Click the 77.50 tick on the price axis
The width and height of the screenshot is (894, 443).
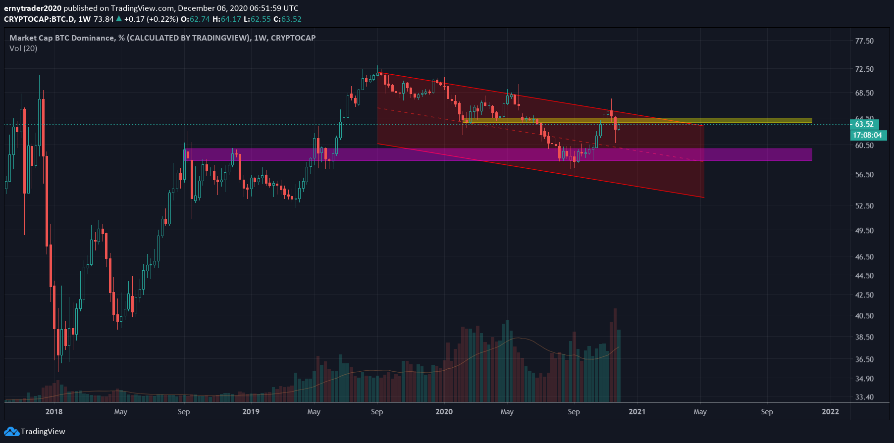pos(864,41)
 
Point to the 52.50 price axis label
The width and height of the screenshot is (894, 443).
pos(864,206)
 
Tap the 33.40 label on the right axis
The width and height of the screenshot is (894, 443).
pos(864,397)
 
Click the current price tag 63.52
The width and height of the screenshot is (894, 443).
pos(864,124)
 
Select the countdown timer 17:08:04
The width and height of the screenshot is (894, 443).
pos(867,135)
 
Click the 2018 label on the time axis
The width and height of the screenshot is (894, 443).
pos(54,412)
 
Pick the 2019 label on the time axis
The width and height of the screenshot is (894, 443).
pos(251,412)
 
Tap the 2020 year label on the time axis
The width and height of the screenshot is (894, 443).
pos(444,412)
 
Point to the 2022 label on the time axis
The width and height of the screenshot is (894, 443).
pos(830,412)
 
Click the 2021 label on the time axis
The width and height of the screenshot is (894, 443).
pos(637,412)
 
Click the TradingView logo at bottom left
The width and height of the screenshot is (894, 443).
pos(35,432)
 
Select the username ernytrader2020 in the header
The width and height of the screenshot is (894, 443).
pos(33,8)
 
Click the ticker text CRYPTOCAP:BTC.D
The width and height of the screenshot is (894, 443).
pos(39,19)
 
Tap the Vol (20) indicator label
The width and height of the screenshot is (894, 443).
pos(23,49)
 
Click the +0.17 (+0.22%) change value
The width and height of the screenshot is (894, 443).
pos(151,19)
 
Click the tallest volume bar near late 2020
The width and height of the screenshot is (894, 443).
pos(615,354)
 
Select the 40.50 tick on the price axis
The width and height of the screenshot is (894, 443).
pos(864,316)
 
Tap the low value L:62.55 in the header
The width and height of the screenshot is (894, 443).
pos(257,19)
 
